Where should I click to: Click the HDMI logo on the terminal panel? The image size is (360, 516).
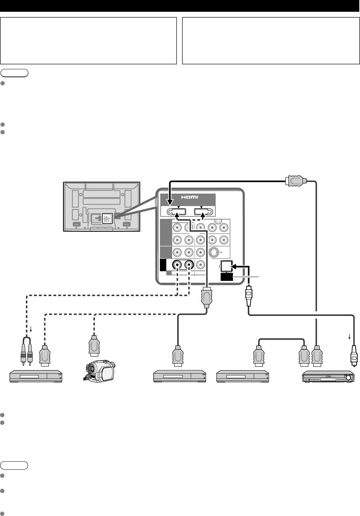[x=190, y=197]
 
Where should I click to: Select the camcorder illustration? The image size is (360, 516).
[x=99, y=371]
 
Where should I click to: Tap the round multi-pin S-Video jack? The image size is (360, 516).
[x=214, y=252]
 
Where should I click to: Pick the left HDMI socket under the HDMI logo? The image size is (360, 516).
[x=177, y=212]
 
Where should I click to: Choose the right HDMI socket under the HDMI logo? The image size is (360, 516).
[x=203, y=212]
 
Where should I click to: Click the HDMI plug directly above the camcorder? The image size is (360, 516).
[x=94, y=346]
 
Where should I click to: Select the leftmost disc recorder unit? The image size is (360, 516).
[x=36, y=376]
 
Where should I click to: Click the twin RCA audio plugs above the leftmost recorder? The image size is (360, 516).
[x=27, y=351]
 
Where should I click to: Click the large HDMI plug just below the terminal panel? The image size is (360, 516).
[x=207, y=297]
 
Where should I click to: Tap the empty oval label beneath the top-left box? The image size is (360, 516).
[x=14, y=73]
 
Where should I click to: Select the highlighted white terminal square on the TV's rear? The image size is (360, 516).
[x=107, y=218]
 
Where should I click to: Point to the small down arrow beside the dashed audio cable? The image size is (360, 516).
[x=31, y=329]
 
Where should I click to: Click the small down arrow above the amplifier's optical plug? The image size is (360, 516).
[x=349, y=336]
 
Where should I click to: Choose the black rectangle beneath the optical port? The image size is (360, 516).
[x=227, y=277]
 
